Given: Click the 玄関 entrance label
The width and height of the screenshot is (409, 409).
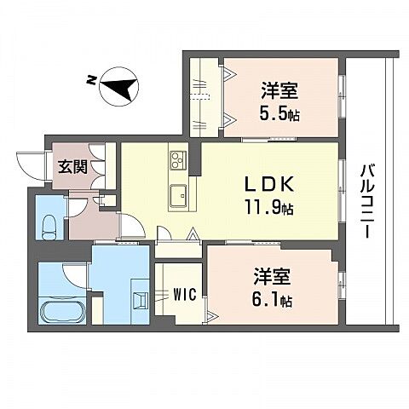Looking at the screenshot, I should click(x=71, y=166).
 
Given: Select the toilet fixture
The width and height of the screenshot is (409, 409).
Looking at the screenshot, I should click(x=49, y=226).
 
